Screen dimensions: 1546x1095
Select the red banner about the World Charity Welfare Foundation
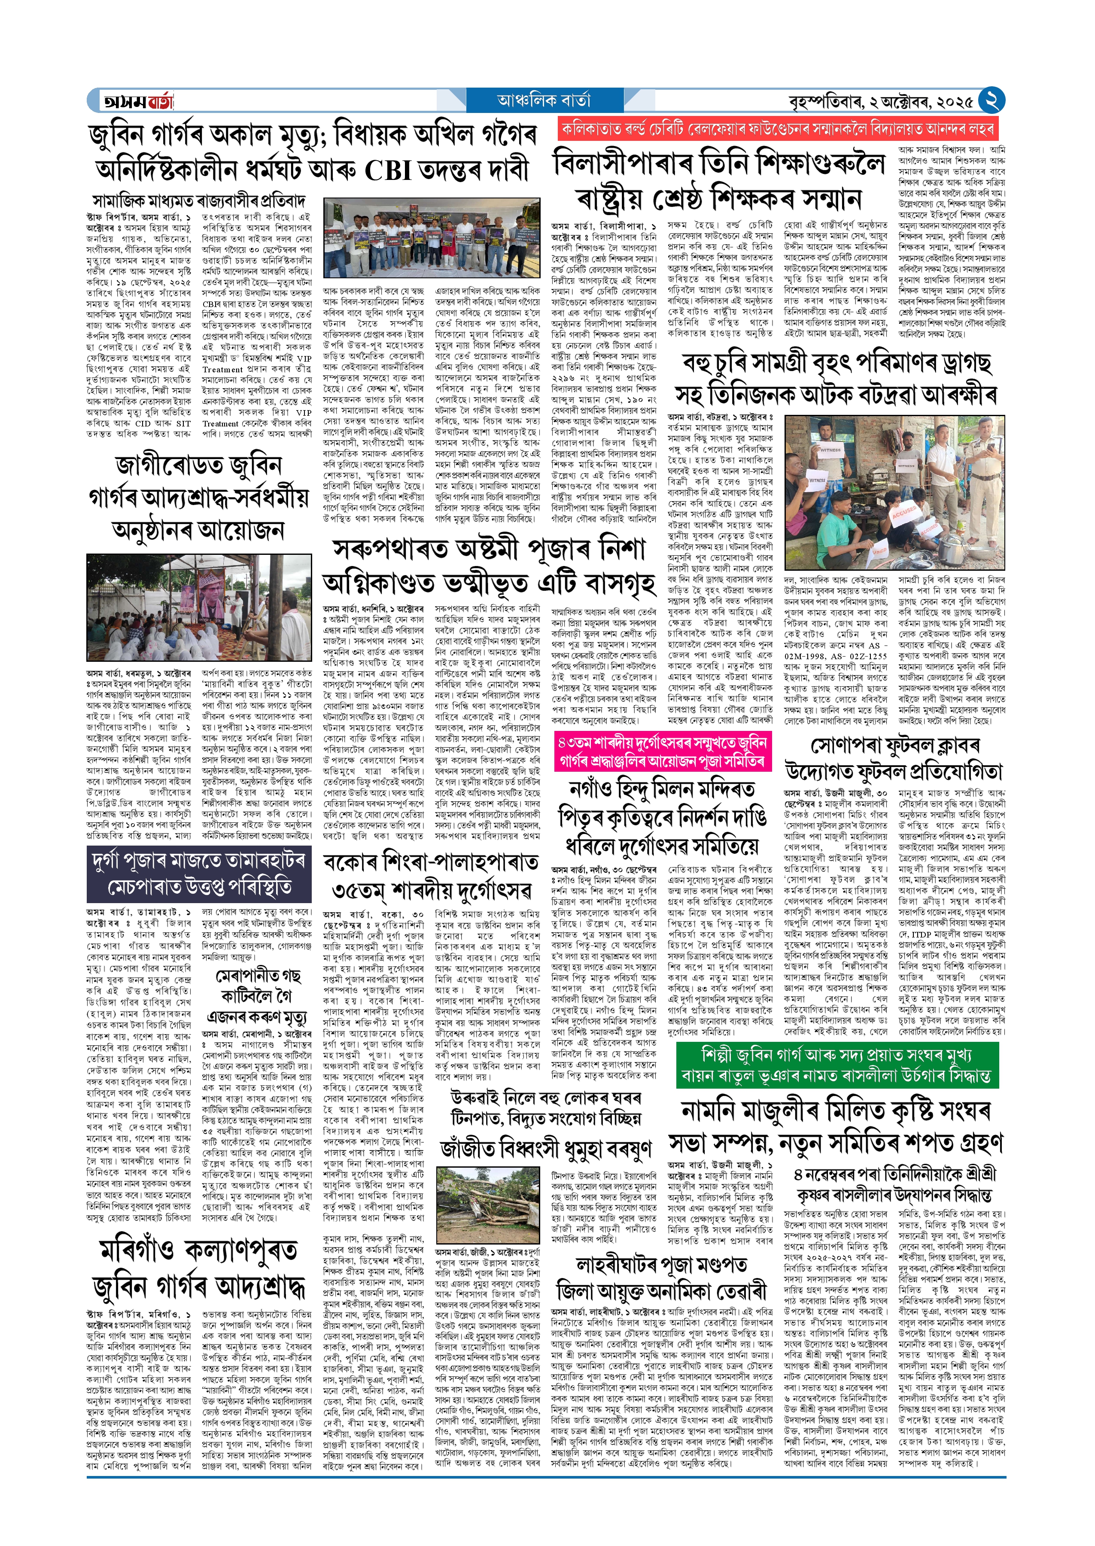(777, 129)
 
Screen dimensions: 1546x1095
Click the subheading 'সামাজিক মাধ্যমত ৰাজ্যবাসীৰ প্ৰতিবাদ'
(200, 201)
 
